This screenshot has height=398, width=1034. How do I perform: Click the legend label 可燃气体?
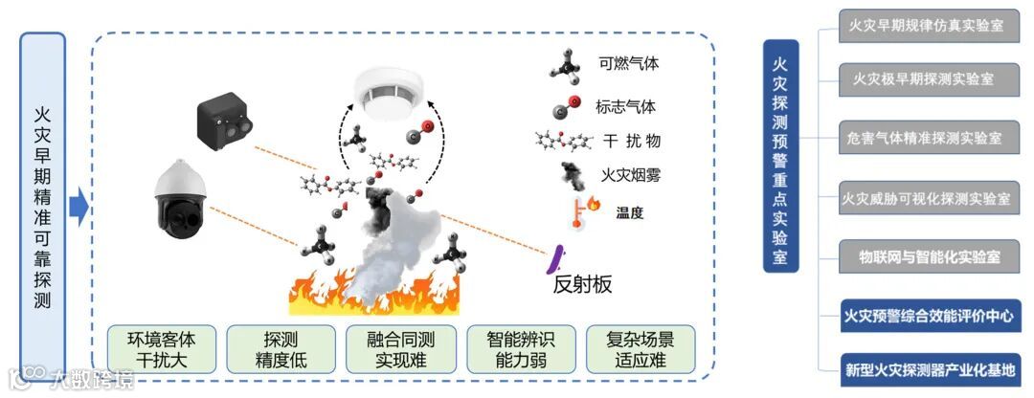628,64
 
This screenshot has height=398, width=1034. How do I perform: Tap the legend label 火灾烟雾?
629,175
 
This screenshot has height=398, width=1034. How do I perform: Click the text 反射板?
582,284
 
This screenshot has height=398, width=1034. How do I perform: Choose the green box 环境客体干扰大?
160,349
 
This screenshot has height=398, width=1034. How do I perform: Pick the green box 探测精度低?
281,349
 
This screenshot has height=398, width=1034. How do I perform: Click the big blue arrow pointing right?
79,205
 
